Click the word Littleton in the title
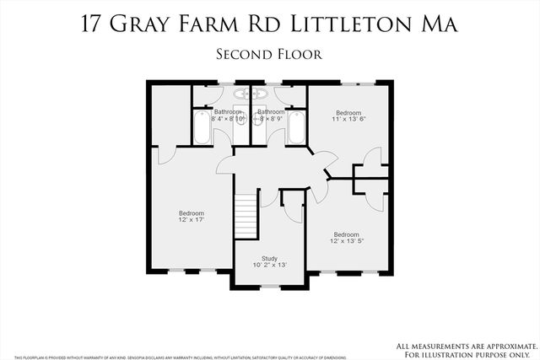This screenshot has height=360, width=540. tap(347, 24)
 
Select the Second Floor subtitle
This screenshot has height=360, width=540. tap(269, 54)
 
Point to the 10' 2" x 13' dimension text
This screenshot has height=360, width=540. tap(269, 265)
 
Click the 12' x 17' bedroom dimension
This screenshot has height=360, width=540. tap(192, 220)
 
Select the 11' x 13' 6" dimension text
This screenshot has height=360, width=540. tap(348, 120)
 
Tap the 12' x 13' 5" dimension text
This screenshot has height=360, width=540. tap(346, 242)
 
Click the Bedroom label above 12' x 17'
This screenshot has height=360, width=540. tap(192, 212)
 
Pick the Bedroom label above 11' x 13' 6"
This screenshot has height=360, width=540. tap(348, 112)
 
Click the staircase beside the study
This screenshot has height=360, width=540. tap(245, 216)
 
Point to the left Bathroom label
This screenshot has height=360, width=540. tap(228, 112)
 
